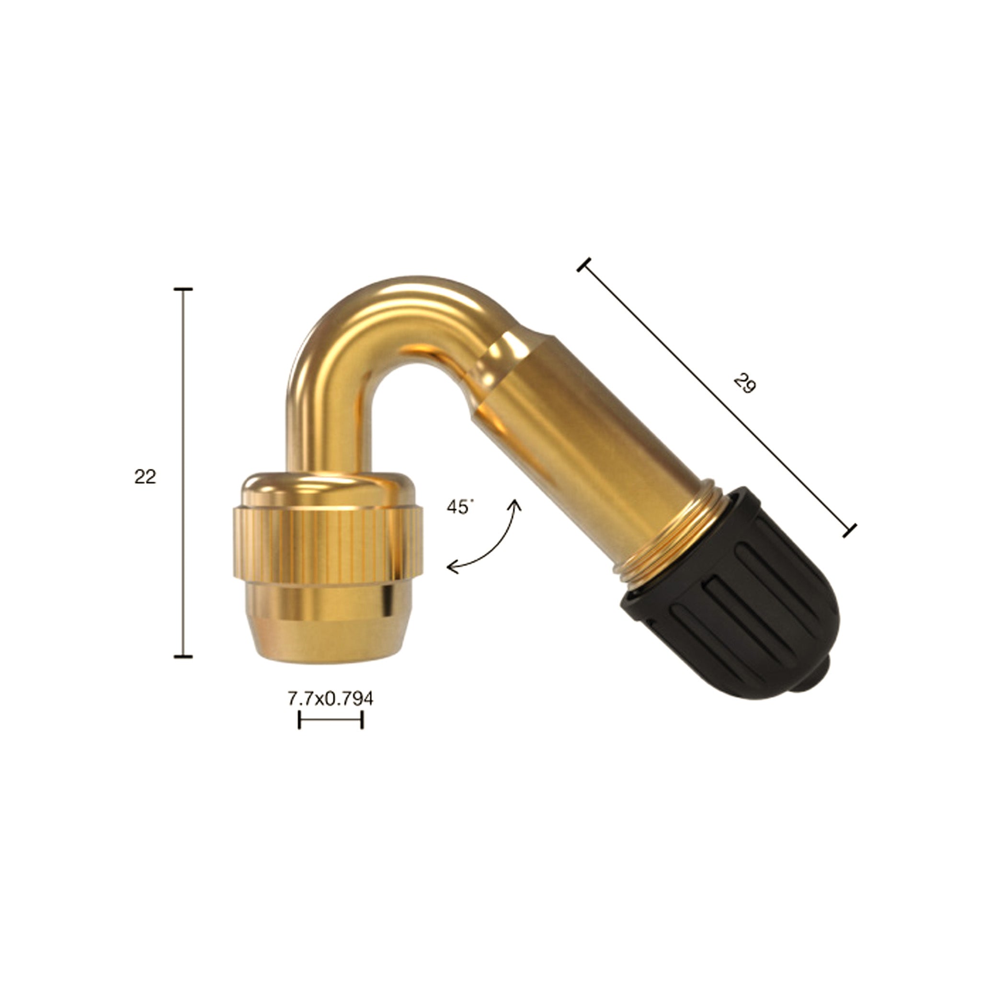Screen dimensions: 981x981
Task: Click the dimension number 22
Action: click(145, 477)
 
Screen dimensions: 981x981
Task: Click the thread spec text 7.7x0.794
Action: click(331, 699)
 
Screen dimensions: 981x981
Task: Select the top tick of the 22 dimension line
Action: click(183, 289)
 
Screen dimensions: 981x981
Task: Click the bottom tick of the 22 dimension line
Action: click(183, 657)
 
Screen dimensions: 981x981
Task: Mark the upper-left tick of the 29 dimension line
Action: click(584, 264)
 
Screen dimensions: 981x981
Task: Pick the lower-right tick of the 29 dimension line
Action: click(849, 530)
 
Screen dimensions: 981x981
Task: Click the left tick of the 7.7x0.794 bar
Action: click(299, 720)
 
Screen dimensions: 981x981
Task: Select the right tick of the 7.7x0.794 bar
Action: click(362, 720)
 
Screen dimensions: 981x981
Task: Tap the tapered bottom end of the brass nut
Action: click(328, 635)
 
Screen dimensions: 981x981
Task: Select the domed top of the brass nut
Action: click(328, 488)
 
